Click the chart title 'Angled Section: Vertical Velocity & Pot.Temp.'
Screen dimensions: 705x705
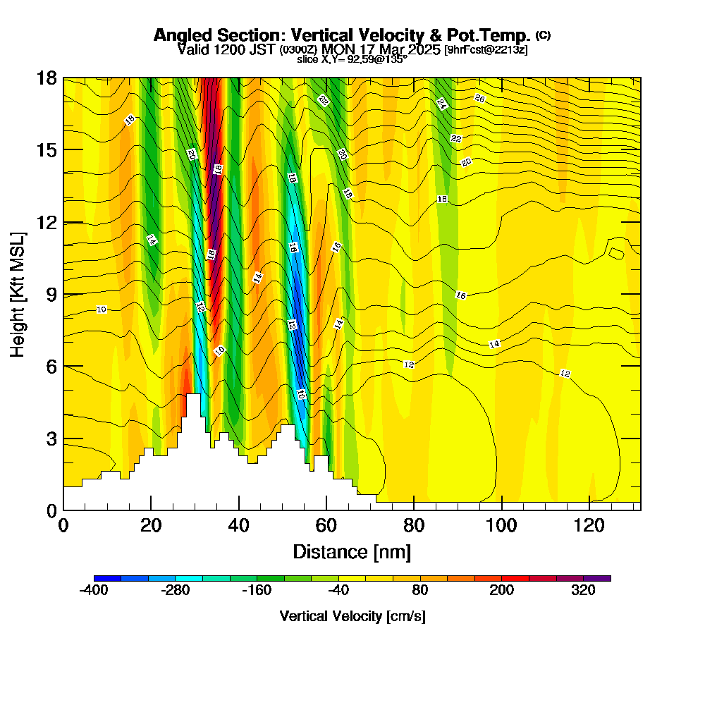coord(342,35)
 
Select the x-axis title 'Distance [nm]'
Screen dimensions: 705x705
coord(352,551)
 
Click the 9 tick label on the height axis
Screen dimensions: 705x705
coord(51,294)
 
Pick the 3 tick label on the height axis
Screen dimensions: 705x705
coord(51,439)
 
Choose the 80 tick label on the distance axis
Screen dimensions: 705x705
coord(414,526)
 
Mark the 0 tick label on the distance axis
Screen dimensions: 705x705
coord(63,526)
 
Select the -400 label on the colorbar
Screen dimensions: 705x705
coord(94,591)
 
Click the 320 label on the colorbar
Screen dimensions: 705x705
coord(584,591)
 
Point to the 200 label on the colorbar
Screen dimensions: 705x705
coord(502,591)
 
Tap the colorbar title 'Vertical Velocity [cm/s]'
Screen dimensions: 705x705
coord(352,616)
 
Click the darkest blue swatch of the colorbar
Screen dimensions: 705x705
coord(107,578)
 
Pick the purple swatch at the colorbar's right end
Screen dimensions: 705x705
coord(597,578)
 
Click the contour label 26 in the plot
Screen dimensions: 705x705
coord(479,98)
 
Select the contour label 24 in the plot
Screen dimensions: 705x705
coord(441,104)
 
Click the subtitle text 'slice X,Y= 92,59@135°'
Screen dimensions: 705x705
coord(352,59)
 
